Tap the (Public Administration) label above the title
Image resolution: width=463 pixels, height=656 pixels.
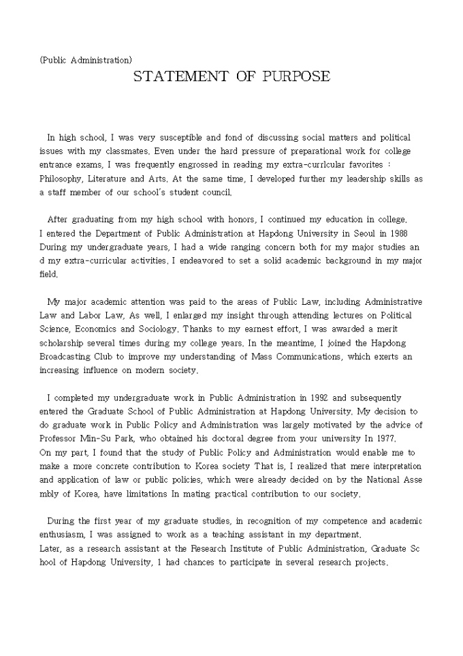[86, 60]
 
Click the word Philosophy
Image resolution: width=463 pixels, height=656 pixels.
[62, 178]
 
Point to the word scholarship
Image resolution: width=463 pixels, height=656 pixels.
[65, 342]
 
